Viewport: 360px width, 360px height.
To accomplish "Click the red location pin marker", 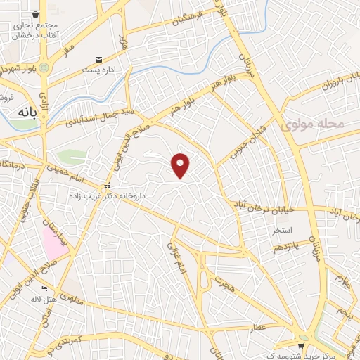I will [181, 165].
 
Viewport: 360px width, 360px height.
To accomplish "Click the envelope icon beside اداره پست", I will [99, 60].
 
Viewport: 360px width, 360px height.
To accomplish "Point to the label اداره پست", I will [98, 70].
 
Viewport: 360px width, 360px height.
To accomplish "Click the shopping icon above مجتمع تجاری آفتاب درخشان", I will [36, 13].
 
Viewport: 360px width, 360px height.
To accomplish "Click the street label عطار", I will [259, 326].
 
